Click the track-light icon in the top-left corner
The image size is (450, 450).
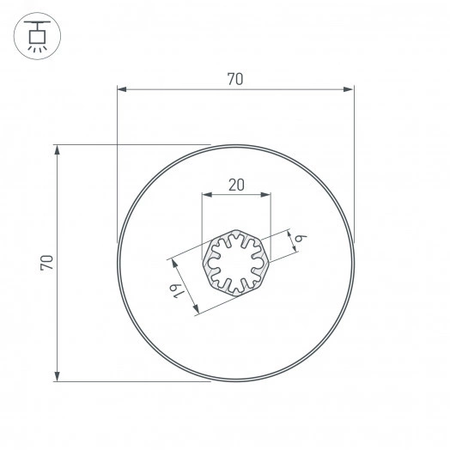36,36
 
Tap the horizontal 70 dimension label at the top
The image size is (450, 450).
235,79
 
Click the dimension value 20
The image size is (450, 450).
236,184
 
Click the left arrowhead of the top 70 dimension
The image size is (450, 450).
121,88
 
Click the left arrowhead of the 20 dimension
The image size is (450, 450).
204,196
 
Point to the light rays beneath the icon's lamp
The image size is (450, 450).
36,49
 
